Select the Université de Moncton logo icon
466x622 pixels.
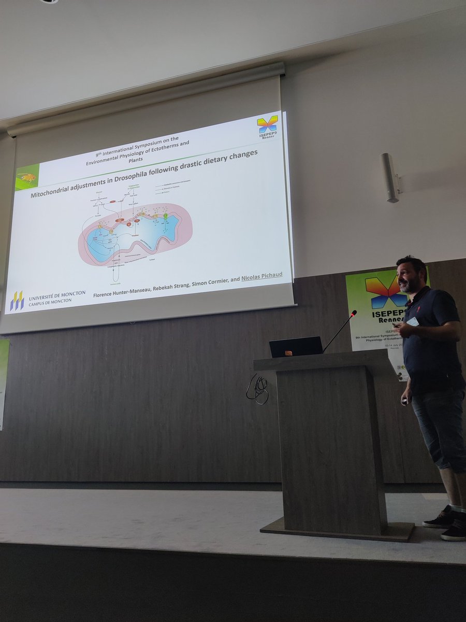tap(17, 301)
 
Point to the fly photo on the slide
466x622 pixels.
tap(27, 177)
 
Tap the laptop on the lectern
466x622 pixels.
tap(296, 347)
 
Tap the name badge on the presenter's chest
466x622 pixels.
tap(413, 321)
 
